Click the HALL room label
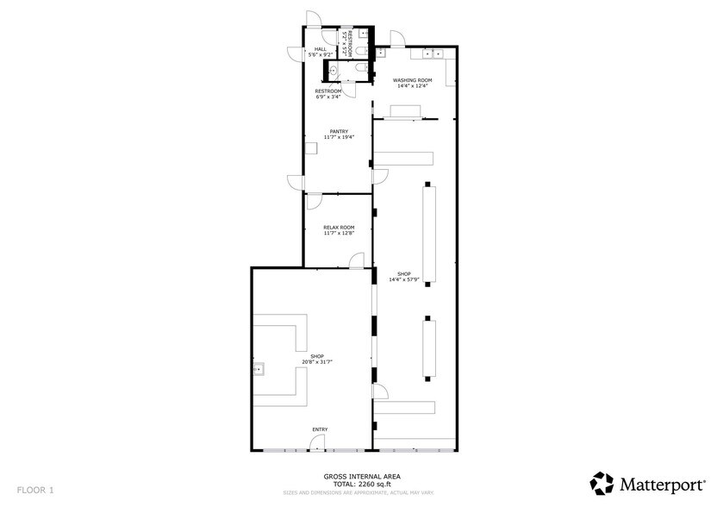point(320,49)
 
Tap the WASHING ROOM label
point(413,80)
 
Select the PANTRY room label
point(339,131)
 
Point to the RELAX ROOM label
point(339,227)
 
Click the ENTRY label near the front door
point(320,429)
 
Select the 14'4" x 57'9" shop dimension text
point(403,279)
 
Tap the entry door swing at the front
point(318,442)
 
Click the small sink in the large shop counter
point(258,370)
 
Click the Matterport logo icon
point(602,481)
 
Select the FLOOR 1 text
point(34,490)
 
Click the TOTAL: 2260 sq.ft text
point(361,485)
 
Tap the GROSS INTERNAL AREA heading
point(361,476)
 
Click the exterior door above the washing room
point(396,39)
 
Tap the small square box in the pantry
point(311,148)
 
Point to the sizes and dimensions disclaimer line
point(361,493)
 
